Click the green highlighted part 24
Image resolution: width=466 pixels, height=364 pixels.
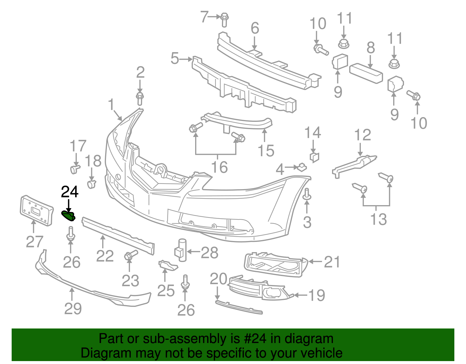[68, 216]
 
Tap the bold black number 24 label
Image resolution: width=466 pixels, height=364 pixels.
[70, 192]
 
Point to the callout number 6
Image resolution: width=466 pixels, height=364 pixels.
[255, 28]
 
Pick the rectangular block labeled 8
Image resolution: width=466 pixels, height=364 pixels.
[366, 73]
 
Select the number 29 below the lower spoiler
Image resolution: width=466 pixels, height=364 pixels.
[73, 308]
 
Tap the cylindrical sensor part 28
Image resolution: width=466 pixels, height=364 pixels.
[181, 250]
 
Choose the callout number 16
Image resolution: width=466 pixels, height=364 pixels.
[219, 167]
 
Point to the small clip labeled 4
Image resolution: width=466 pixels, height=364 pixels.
[301, 167]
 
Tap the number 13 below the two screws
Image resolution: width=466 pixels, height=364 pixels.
[378, 219]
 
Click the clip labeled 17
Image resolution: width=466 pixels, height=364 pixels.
[75, 169]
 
